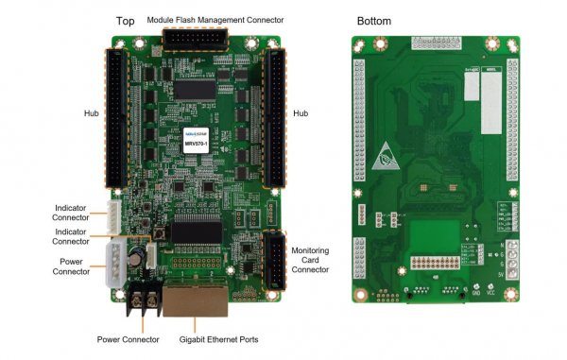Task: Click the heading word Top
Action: pyautogui.click(x=125, y=20)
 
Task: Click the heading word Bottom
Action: pyautogui.click(x=374, y=20)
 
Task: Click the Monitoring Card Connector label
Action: pyautogui.click(x=311, y=259)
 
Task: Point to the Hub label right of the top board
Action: pyautogui.click(x=301, y=113)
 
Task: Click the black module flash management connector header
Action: pyautogui.click(x=196, y=39)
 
